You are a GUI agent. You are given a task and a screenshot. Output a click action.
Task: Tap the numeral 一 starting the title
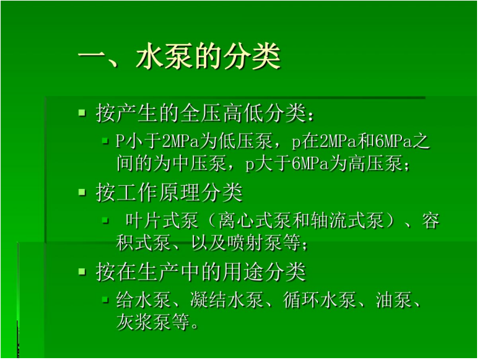[x=92, y=56]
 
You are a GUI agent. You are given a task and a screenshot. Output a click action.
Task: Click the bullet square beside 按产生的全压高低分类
[x=82, y=113]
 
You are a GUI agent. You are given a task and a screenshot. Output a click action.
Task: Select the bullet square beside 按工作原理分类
[x=82, y=193]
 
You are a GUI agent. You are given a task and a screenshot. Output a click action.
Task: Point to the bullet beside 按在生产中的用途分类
[x=82, y=271]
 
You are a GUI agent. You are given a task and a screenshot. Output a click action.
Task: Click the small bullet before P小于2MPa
[x=105, y=141]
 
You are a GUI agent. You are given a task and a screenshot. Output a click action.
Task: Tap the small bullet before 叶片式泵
[x=105, y=221]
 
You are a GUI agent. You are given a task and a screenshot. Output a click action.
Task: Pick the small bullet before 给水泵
[x=105, y=299]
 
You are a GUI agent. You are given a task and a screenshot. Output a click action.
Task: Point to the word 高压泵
[x=375, y=163]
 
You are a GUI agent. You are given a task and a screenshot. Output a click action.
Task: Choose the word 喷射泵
[x=255, y=243]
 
